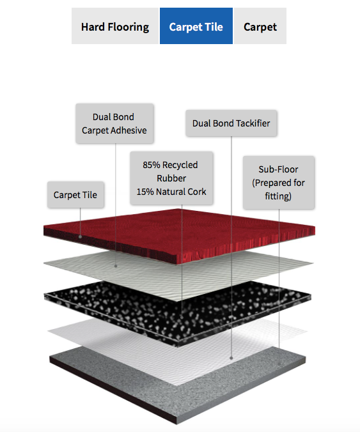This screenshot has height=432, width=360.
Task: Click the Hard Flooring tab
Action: pyautogui.click(x=115, y=26)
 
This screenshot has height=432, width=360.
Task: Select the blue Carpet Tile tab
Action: pyautogui.click(x=196, y=26)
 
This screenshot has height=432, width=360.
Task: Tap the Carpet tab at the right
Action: pyautogui.click(x=260, y=26)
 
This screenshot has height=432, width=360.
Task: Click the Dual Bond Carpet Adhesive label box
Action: pyautogui.click(x=114, y=123)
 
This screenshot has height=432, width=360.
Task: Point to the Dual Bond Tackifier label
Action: pyautogui.click(x=231, y=123)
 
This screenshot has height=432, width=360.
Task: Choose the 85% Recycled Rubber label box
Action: pyautogui.click(x=171, y=178)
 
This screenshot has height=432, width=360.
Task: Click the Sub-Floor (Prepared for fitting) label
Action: pyautogui.click(x=278, y=182)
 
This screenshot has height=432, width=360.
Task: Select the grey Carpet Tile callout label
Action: pyautogui.click(x=75, y=195)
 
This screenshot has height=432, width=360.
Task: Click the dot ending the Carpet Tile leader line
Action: pyautogui.click(x=80, y=236)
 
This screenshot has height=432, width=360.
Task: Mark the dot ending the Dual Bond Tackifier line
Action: pyautogui.click(x=231, y=358)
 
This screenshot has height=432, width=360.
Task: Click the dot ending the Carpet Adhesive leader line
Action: pyautogui.click(x=116, y=266)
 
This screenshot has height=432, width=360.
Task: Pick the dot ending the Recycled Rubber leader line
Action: pyautogui.click(x=182, y=318)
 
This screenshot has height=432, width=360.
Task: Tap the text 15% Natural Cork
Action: pyautogui.click(x=171, y=192)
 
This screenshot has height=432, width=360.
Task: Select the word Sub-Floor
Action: pyautogui.click(x=278, y=169)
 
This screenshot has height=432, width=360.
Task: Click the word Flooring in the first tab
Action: pyautogui.click(x=129, y=27)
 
